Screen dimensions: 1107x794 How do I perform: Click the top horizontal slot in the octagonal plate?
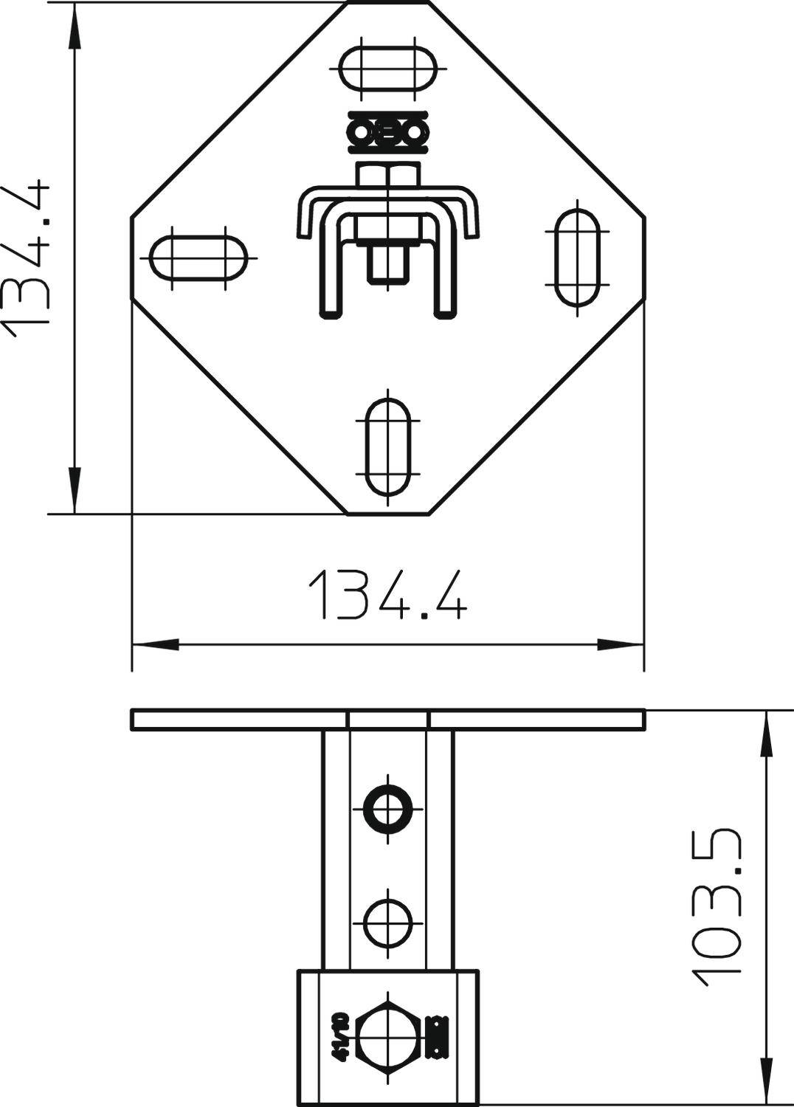pos(387,69)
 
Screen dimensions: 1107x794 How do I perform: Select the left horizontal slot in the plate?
pos(196,258)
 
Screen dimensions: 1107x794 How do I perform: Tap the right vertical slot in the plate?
pos(576,258)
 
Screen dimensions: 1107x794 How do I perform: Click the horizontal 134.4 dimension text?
pos(387,594)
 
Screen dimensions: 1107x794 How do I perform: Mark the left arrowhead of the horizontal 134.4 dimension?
pos(156,645)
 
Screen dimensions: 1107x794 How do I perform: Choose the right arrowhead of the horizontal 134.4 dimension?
pos(621,645)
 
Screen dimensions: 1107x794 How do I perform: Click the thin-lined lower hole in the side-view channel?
pos(387,922)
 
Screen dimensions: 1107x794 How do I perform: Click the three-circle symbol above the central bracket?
pos(387,133)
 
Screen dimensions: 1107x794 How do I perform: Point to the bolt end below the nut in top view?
pos(387,264)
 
